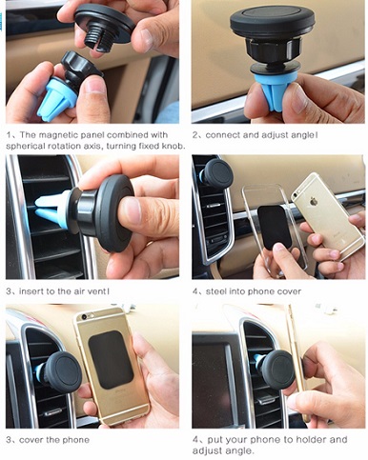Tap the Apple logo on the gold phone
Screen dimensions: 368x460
[x=314, y=202]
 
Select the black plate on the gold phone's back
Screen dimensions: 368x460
[x=111, y=360]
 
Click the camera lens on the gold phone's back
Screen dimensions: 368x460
[x=84, y=317]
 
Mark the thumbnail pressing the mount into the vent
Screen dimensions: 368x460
[x=130, y=212]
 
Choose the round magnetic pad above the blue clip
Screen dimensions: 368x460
[x=273, y=20]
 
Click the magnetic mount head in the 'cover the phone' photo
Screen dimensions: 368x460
[x=62, y=370]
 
